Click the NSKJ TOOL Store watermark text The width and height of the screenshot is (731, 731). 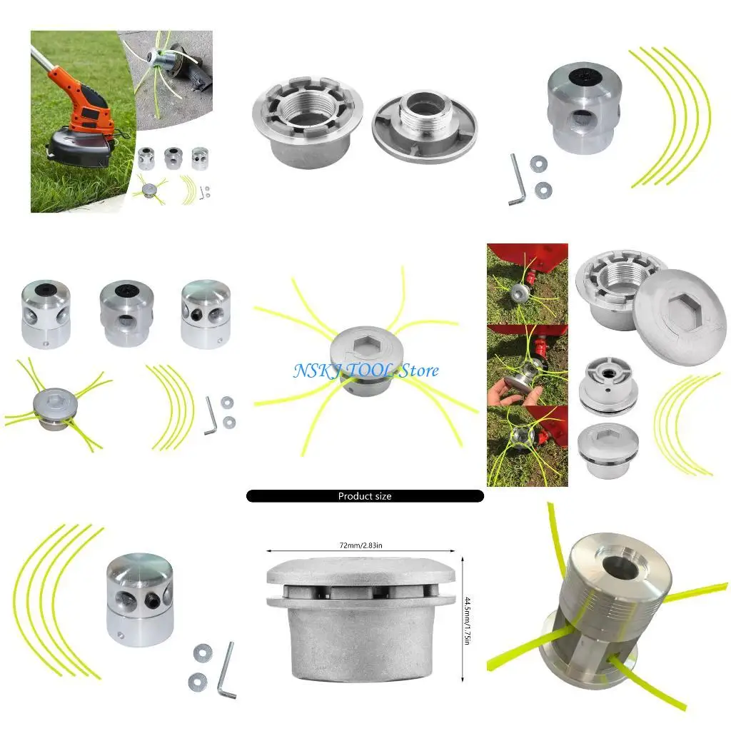pyautogui.click(x=366, y=370)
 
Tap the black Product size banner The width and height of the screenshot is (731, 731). pyautogui.click(x=365, y=495)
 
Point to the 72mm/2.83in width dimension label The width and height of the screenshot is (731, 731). pyautogui.click(x=361, y=544)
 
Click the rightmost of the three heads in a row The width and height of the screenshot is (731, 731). pyautogui.click(x=206, y=314)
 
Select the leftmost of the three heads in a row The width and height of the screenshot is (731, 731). pyautogui.click(x=45, y=314)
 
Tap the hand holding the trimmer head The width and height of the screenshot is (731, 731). pyautogui.click(x=508, y=395)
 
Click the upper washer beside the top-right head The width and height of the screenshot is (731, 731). pyautogui.click(x=540, y=163)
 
